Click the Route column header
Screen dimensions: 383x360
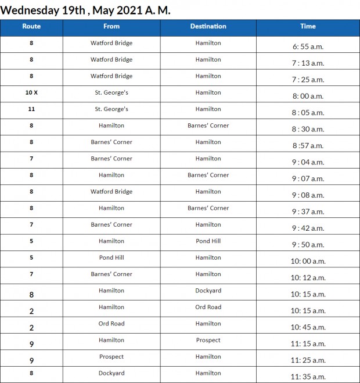[31, 26]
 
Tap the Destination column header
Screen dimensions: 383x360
[208, 26]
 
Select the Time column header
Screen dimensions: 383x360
[308, 26]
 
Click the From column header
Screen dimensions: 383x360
[111, 26]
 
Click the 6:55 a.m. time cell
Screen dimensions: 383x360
[308, 46]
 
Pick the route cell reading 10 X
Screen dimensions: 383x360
[31, 92]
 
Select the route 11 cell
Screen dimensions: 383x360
[31, 109]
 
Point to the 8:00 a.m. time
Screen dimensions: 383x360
[308, 96]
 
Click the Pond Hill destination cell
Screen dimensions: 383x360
[208, 241]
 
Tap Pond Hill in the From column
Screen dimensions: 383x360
[111, 257]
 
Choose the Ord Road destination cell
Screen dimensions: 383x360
[208, 307]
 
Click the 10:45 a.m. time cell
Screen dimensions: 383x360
[308, 327]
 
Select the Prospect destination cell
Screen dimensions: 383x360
[208, 340]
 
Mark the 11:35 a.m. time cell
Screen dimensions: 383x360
[308, 377]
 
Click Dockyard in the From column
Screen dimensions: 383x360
[111, 373]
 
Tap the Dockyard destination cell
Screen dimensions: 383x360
[208, 291]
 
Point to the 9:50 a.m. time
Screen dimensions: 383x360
[308, 245]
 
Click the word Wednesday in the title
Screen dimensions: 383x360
[30, 10]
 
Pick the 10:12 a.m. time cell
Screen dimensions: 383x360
[308, 278]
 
